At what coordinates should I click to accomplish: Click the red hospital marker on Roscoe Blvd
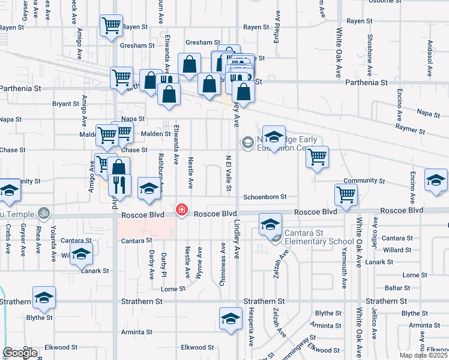pos(181,211)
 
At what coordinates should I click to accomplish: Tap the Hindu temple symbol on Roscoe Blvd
pos(43,213)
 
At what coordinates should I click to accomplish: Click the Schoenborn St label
pos(265,197)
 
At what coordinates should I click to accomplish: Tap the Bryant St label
pos(65,104)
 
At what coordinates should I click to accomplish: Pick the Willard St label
pos(396,250)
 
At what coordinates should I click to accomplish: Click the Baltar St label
pos(398,288)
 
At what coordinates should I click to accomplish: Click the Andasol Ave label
pos(430,59)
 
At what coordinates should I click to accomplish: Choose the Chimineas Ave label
pos(223,264)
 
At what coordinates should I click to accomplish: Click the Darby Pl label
pos(163,264)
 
